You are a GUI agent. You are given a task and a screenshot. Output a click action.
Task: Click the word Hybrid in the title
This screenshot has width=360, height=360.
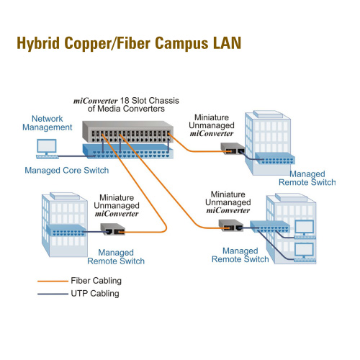point(38,43)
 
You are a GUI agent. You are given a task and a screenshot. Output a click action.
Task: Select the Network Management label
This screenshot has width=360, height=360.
point(48,123)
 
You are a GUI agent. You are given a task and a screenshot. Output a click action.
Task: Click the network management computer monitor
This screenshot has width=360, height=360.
point(47,146)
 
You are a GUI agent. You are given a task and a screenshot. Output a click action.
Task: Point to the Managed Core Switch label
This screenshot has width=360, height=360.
point(67,171)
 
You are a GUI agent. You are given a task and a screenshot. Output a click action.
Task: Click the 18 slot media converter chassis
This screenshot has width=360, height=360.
point(127,132)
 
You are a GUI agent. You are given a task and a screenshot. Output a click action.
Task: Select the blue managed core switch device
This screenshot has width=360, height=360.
point(127,151)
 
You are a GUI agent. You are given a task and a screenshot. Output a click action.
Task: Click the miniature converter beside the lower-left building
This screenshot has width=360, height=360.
point(112,229)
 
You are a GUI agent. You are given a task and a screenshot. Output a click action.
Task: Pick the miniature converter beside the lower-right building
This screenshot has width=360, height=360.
point(231,225)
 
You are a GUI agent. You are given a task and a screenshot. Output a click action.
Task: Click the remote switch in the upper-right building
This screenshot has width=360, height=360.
point(275,158)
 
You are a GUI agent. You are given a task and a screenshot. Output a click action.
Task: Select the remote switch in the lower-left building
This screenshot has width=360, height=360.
point(66,230)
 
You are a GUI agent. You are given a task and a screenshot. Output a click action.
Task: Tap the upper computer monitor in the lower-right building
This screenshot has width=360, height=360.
point(305,227)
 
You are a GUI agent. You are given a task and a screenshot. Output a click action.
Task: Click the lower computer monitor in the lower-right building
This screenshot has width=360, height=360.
point(304,250)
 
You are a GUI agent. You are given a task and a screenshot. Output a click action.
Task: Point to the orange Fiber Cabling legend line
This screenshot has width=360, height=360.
point(53,281)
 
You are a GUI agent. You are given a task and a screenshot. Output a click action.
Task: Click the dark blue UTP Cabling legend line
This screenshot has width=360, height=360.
point(53,294)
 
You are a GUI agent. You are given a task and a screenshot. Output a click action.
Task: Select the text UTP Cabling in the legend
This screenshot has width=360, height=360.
point(95,294)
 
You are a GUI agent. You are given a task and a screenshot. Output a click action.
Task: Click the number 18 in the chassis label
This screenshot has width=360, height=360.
point(125,100)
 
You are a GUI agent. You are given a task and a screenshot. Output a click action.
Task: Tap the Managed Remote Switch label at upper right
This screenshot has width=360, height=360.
point(307,178)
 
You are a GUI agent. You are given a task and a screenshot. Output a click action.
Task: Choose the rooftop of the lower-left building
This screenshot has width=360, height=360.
point(65,196)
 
